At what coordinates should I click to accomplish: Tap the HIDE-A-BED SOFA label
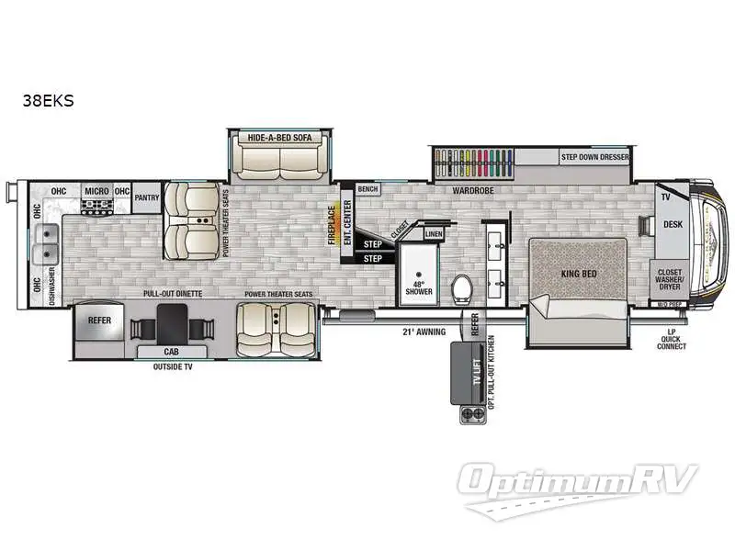[x=279, y=138]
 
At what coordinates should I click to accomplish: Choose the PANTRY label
[x=147, y=197]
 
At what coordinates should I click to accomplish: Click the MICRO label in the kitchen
[x=96, y=191]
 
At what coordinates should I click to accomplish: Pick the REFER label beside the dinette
[x=98, y=320]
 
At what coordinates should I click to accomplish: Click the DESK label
[x=673, y=223]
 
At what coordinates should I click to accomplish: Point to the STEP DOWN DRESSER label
[x=595, y=158]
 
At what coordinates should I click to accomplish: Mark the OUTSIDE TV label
[x=172, y=366]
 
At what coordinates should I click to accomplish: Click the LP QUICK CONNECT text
[x=672, y=341]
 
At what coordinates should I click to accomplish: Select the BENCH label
[x=367, y=189]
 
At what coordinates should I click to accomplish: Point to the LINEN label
[x=434, y=234]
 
